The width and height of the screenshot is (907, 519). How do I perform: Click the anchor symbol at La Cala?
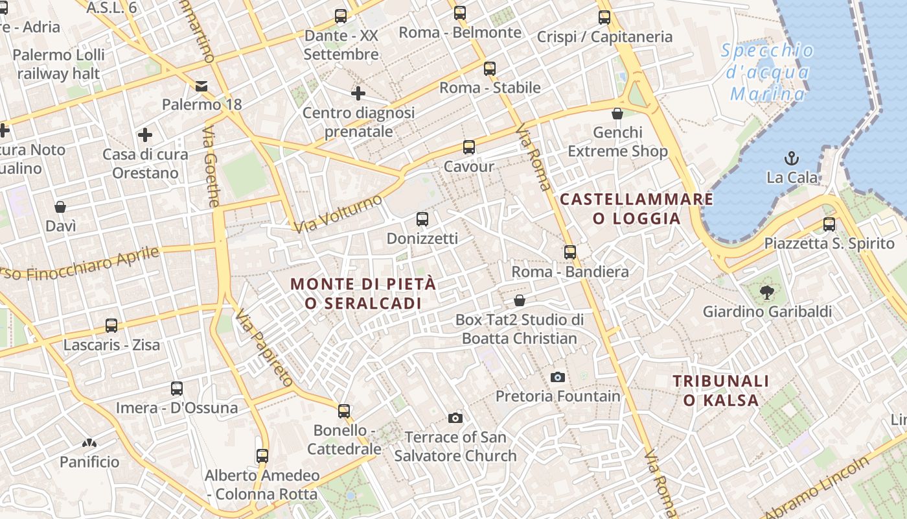tap(791, 158)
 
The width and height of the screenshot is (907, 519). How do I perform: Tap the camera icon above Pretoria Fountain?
tap(557, 377)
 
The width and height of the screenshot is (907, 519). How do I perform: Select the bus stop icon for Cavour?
tap(468, 147)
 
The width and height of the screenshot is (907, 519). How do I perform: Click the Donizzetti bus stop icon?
tap(422, 219)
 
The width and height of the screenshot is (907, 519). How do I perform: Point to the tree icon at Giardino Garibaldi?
tap(767, 292)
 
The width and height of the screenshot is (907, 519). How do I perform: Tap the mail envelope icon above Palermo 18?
tap(201, 86)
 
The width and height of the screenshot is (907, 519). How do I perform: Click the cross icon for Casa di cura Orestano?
tap(145, 135)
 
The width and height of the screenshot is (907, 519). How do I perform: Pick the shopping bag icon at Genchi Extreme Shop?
tap(617, 114)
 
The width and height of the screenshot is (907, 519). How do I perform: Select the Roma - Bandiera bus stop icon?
tap(570, 252)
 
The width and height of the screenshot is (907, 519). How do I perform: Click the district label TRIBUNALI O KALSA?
tap(720, 391)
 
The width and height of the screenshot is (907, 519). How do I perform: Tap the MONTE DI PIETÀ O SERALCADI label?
tap(363, 293)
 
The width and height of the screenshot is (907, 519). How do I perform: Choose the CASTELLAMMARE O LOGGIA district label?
tap(636, 208)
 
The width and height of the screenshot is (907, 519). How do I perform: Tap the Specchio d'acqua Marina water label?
tap(767, 72)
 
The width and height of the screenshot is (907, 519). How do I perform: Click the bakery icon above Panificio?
tap(89, 443)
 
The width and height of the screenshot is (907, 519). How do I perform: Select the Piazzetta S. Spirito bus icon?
tap(829, 224)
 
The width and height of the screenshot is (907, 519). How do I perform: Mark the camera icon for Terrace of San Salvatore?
tap(455, 418)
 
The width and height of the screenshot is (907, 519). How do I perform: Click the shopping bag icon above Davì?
tap(60, 207)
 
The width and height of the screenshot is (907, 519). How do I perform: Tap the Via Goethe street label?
tap(211, 167)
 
